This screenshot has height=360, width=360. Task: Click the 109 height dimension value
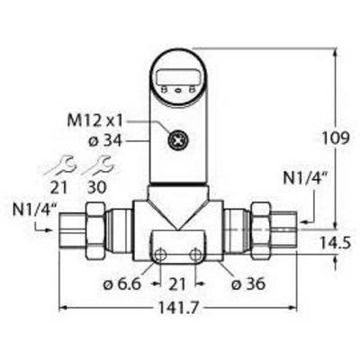click(336, 139)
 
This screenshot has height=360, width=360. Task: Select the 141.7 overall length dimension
click(178, 308)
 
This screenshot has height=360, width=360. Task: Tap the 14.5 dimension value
click(335, 243)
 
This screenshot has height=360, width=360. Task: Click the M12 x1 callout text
click(95, 121)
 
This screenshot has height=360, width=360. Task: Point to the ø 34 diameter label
click(105, 140)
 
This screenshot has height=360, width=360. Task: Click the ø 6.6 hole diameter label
click(121, 283)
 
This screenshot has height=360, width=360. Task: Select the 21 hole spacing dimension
click(177, 283)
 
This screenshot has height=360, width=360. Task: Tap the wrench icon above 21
click(60, 165)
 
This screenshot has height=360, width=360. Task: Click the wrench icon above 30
click(98, 165)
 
